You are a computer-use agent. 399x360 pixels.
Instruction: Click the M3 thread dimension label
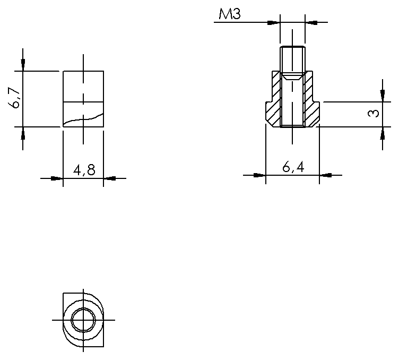[230, 14]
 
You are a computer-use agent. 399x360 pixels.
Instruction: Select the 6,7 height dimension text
[15, 99]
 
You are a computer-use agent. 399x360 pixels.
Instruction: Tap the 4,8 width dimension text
[84, 170]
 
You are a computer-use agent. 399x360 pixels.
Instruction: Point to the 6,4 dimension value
[293, 167]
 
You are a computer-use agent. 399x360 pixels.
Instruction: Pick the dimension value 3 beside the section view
[374, 113]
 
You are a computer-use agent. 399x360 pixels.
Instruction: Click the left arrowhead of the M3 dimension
[273, 22]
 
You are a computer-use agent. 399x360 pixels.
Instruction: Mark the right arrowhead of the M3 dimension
[310, 22]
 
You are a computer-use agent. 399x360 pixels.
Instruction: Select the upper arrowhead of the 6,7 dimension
[23, 65]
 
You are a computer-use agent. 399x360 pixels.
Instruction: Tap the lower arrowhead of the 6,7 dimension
[23, 133]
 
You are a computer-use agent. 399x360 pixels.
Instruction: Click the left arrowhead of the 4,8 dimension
[57, 178]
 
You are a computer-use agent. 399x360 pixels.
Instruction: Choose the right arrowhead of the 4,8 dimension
[110, 178]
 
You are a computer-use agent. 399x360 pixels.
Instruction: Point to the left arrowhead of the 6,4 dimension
[259, 175]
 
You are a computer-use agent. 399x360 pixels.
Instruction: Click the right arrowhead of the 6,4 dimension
[325, 175]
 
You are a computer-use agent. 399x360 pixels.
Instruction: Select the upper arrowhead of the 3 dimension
[382, 94]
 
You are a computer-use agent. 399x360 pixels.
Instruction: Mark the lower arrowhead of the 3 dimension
[382, 133]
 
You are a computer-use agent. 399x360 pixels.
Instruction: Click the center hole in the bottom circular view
[84, 321]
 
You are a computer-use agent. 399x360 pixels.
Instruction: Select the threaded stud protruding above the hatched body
[292, 58]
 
